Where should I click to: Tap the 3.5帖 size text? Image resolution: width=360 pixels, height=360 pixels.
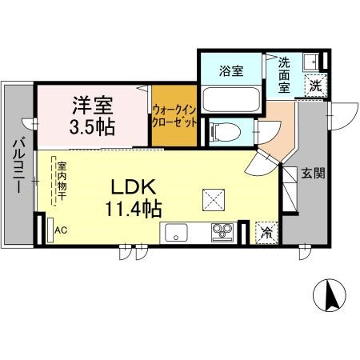tap(92, 126)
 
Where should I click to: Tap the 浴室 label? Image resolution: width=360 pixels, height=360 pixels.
tap(232, 71)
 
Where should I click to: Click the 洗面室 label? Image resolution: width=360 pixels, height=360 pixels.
tap(290, 74)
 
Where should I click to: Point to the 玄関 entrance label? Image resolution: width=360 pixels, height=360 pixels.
tap(312, 174)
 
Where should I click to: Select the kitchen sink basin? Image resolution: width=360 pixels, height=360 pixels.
tap(174, 233)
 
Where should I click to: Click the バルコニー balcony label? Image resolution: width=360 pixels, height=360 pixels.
tap(18, 168)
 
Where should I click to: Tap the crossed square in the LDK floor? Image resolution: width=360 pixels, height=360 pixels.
tap(213, 196)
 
